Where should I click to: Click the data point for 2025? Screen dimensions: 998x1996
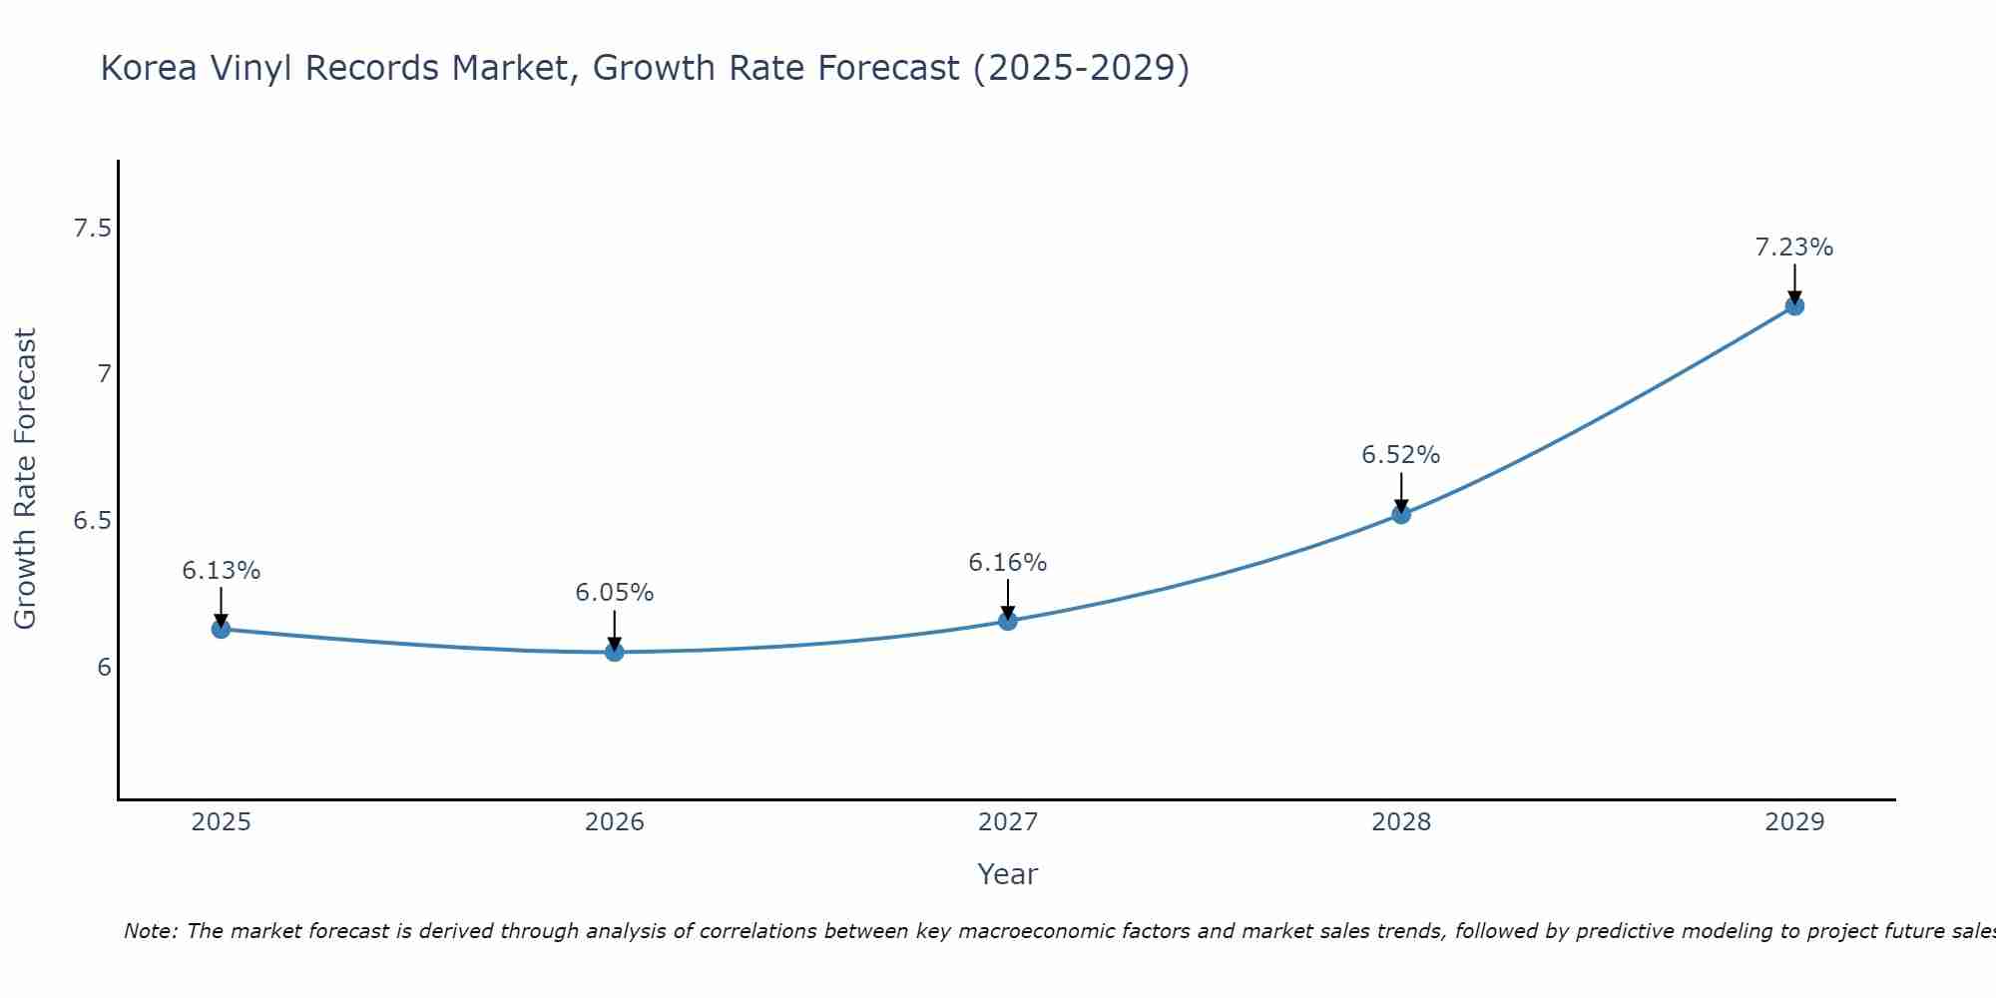[221, 629]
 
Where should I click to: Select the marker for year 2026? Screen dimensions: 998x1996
[614, 652]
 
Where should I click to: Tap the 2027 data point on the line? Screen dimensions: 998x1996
[1007, 621]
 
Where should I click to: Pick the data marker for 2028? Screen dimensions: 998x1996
[1400, 514]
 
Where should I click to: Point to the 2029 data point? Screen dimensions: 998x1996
[1793, 306]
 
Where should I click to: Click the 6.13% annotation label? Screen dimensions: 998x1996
[221, 571]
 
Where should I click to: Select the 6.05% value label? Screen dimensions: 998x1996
[614, 593]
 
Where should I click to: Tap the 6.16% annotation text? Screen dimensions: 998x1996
[1007, 563]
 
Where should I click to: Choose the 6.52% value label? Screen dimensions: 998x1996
[1400, 455]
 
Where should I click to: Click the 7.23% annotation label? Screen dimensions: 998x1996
[1793, 248]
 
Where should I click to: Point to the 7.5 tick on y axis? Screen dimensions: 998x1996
[92, 230]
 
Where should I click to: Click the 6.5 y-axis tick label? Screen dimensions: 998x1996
[92, 521]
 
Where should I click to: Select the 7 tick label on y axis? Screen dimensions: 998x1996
[103, 375]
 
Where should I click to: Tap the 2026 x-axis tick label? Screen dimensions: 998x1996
[614, 822]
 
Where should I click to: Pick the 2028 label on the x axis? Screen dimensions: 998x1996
[1400, 822]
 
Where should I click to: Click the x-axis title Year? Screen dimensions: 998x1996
[1007, 874]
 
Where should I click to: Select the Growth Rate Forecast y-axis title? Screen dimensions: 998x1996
[25, 479]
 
